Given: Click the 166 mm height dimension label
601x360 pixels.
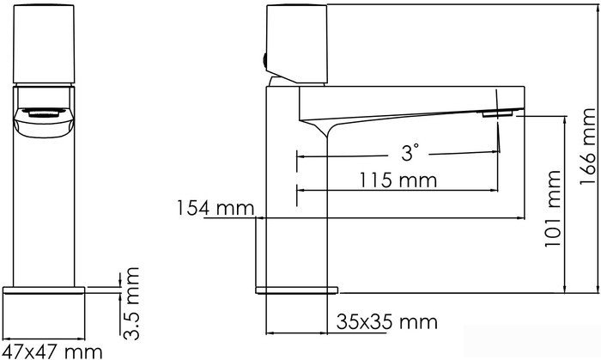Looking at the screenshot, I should pos(588,146).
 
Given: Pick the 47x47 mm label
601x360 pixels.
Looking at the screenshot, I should pos(52,351).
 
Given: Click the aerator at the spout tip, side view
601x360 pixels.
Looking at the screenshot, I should pos(497,113).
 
